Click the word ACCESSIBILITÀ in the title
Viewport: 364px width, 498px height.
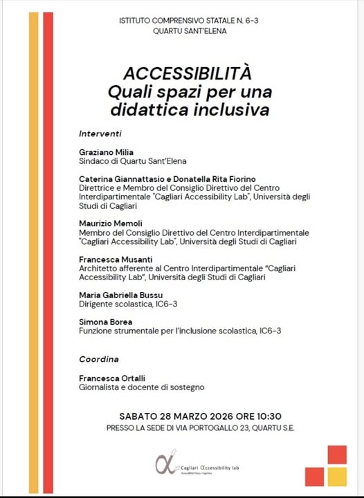[x=186, y=73]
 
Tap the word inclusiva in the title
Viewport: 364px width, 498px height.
[x=235, y=109]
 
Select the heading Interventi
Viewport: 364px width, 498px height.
[x=100, y=133]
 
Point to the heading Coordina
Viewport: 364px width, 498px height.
[x=99, y=359]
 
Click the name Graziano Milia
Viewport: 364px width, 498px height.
[x=105, y=151]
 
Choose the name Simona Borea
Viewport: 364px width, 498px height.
[x=104, y=322]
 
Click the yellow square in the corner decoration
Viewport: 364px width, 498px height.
[x=337, y=477]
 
